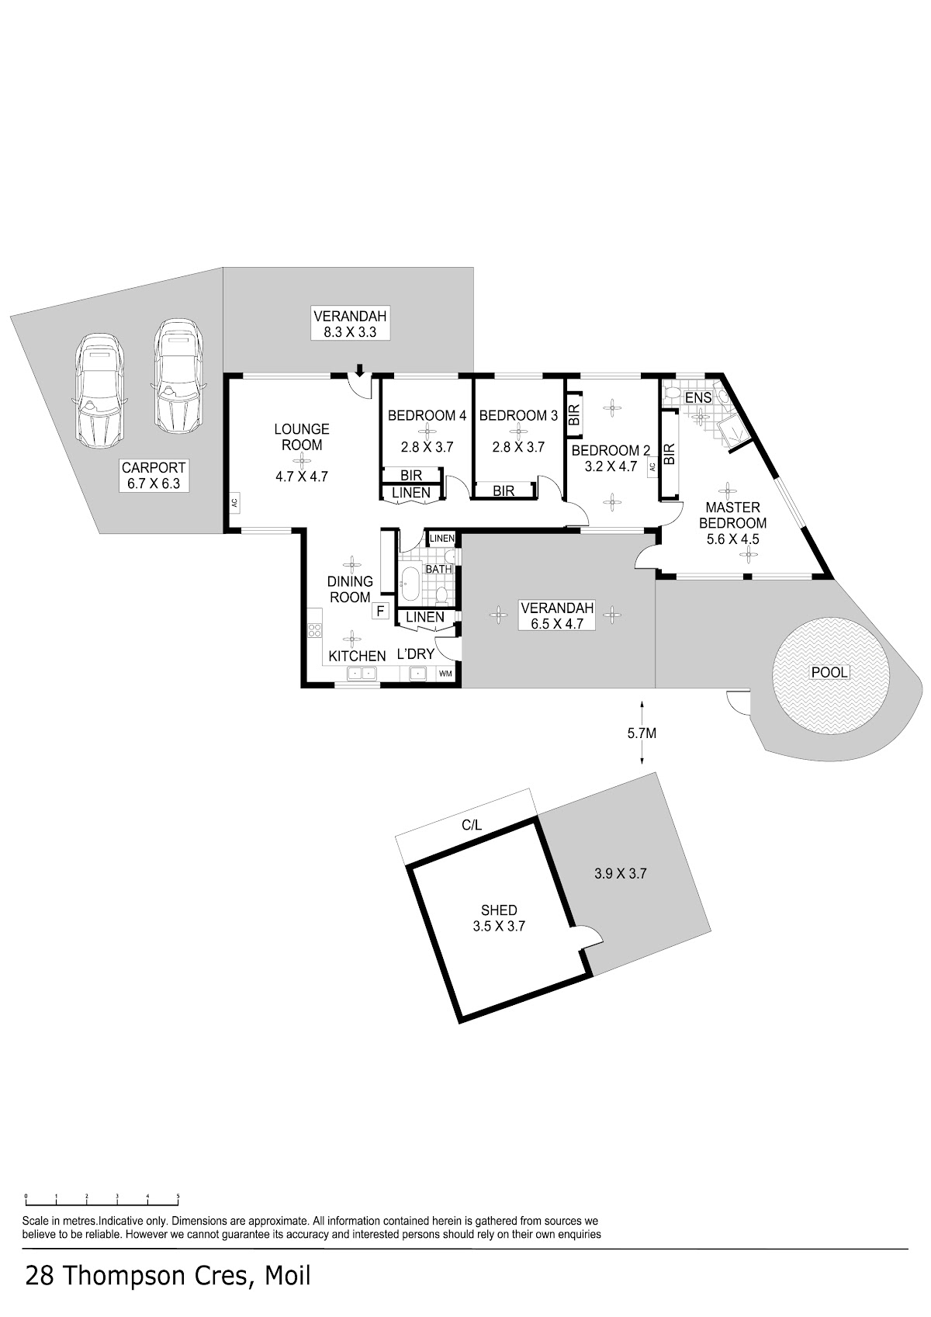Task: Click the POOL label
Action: pos(829,672)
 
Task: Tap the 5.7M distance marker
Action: pos(642,733)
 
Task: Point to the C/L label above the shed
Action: pos(472,825)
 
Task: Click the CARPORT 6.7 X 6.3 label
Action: pos(154,477)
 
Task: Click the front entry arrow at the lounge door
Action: pos(359,369)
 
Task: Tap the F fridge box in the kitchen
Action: pos(380,611)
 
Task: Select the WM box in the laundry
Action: pos(445,674)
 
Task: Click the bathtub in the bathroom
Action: pos(409,584)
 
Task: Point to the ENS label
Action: pos(698,397)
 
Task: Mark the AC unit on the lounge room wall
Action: pos(234,503)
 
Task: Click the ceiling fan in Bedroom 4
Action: pos(427,431)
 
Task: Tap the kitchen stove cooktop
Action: pos(314,630)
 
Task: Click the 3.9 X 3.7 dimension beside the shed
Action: pos(620,874)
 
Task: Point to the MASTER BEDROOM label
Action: pos(733,515)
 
